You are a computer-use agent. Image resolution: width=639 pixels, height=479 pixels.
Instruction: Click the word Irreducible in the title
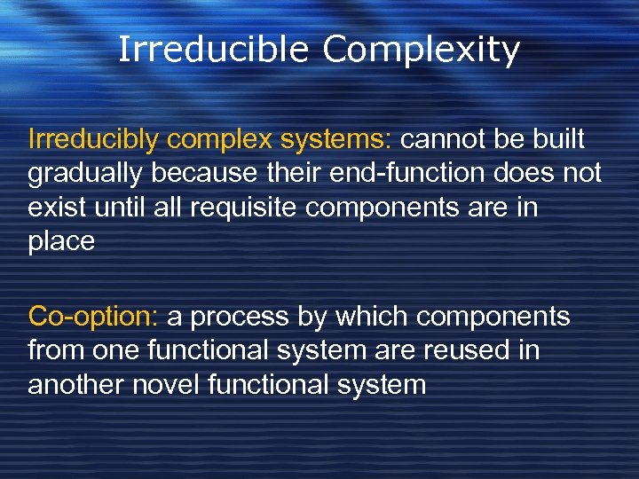[x=214, y=50]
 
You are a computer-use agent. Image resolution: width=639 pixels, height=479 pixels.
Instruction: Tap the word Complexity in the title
[x=421, y=51]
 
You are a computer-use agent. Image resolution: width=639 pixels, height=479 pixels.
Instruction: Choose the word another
[x=77, y=386]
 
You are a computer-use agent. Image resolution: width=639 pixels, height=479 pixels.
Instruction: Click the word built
[x=559, y=139]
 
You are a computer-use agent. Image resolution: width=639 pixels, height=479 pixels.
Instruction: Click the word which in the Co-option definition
[x=361, y=317]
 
